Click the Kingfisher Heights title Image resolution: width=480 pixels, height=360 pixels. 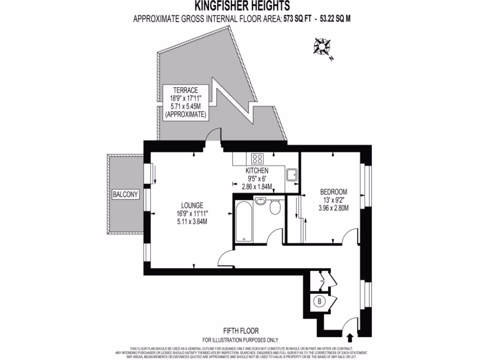pos(242,6)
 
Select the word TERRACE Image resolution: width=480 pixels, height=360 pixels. pos(185,90)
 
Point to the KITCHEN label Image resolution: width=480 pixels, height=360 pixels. pos(257,171)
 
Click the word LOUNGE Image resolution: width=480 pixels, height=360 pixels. pos(192,205)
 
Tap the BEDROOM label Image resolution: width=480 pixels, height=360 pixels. pos(333,192)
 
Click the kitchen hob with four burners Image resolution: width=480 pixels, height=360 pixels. pos(258,158)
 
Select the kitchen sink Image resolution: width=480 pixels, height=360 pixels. pos(291,175)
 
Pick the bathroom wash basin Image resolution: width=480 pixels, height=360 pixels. pos(261,202)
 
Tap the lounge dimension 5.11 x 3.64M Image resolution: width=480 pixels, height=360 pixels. pos(192,222)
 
